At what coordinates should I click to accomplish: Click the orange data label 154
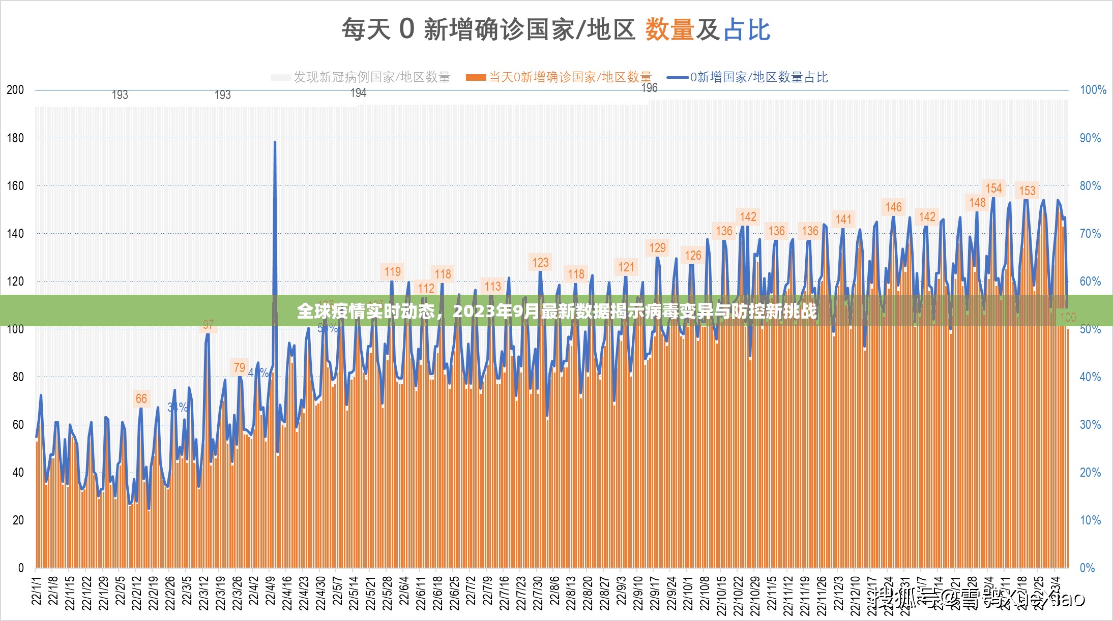pyautogui.click(x=993, y=189)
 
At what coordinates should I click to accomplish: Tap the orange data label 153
pyautogui.click(x=1027, y=191)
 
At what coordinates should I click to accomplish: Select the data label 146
pyautogui.click(x=893, y=207)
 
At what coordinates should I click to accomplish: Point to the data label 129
pyautogui.click(x=657, y=248)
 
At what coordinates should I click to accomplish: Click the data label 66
pyautogui.click(x=141, y=399)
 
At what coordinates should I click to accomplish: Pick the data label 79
pyautogui.click(x=239, y=367)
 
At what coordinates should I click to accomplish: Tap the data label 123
pyautogui.click(x=540, y=263)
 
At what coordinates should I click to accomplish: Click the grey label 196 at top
pyautogui.click(x=649, y=88)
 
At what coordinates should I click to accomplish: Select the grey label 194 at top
pyautogui.click(x=359, y=93)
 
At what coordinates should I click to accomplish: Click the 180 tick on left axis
pyautogui.click(x=15, y=138)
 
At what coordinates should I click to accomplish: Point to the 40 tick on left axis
pyautogui.click(x=18, y=473)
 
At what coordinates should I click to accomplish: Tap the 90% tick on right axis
pyautogui.click(x=1090, y=138)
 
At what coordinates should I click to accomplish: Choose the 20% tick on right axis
pyautogui.click(x=1090, y=473)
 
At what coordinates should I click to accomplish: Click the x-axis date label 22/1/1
pyautogui.click(x=37, y=591)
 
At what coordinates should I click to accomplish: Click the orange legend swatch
pyautogui.click(x=476, y=77)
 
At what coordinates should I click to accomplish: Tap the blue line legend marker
pyautogui.click(x=678, y=77)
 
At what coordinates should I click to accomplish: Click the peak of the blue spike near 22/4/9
pyautogui.click(x=275, y=142)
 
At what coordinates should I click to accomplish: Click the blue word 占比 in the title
pyautogui.click(x=747, y=29)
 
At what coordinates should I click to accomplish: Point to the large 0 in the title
pyautogui.click(x=406, y=28)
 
